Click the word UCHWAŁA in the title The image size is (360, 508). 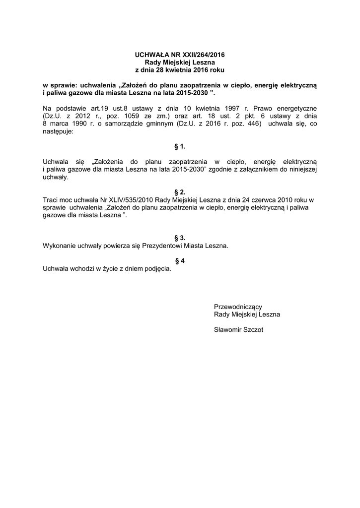151,55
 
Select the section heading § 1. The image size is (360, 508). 180,147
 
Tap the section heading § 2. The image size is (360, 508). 180,192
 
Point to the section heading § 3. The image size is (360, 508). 180,238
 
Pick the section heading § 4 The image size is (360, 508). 180,261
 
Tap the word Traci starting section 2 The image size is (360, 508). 51,199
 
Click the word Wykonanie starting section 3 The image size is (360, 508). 59,246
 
